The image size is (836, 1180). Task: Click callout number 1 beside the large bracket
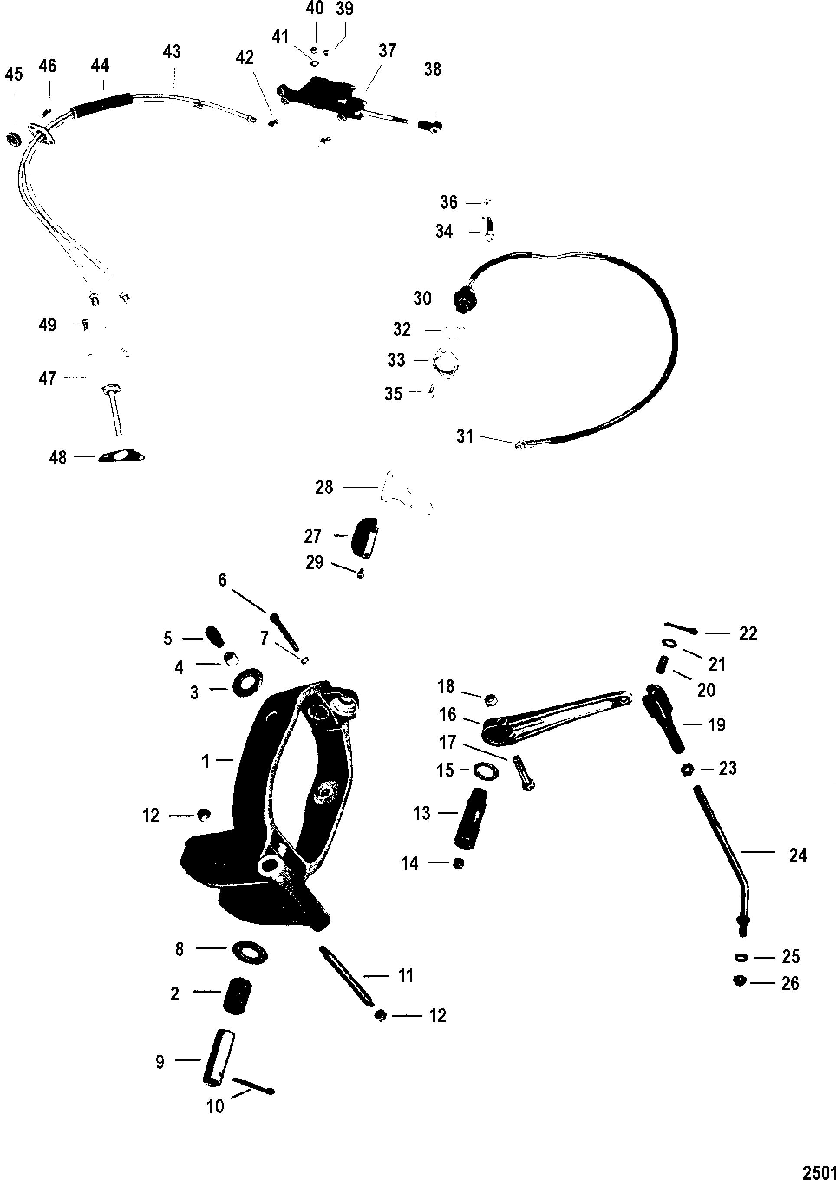(206, 761)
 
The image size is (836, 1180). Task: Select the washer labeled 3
(248, 683)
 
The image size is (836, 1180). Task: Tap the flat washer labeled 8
(250, 949)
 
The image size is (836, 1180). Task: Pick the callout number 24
(797, 855)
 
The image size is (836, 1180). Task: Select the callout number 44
(100, 66)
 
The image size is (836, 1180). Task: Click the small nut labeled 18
(490, 699)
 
